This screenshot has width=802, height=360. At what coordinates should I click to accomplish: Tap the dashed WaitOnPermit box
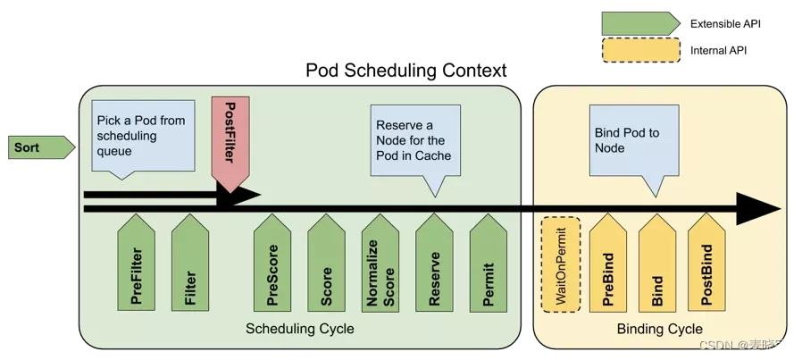click(x=561, y=264)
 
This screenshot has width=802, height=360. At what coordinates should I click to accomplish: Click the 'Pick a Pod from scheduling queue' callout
click(x=141, y=136)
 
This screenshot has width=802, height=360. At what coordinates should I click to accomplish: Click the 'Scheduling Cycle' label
click(x=300, y=330)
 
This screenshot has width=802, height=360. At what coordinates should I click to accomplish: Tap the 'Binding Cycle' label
click(x=660, y=330)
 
